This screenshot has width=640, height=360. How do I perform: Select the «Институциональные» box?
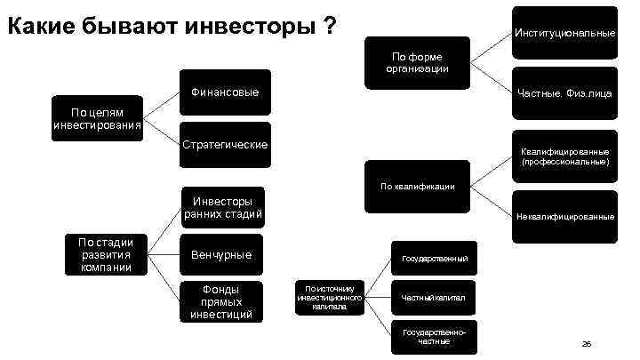pos(564,33)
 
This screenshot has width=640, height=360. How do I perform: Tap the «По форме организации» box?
pos(417,62)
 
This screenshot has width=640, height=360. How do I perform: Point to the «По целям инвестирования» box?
pos(97,118)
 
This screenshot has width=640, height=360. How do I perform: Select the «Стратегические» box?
pos(223,144)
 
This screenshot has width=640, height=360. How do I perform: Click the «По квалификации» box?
pos(417,187)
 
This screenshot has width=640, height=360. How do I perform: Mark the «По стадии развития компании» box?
pos(106,254)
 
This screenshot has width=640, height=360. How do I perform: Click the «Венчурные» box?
pos(220,255)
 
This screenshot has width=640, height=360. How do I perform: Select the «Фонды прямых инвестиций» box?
pos(220,302)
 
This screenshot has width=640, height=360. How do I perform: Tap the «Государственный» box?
pos(434,258)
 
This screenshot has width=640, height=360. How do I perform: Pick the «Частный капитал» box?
pos(434,298)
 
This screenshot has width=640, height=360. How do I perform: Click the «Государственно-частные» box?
pos(434,337)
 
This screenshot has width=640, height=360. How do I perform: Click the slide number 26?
pos(586,343)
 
